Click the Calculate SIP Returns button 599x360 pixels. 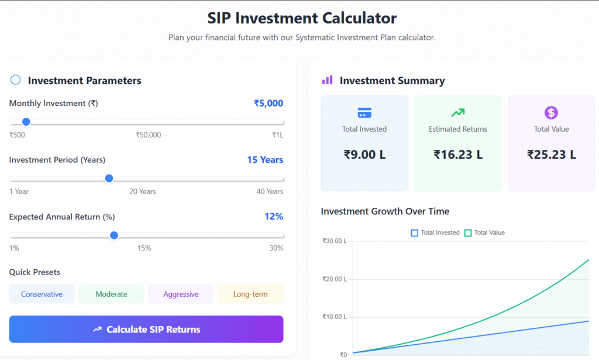146,330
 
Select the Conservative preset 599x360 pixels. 42,294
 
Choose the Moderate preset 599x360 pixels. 111,294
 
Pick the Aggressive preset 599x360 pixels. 181,294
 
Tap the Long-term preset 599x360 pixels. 250,294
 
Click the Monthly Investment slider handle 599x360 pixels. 26,122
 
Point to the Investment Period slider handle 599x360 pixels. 109,179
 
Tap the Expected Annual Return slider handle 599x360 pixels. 114,235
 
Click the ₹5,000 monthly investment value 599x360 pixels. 268,104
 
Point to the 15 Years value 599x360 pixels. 264,160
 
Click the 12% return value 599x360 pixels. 273,217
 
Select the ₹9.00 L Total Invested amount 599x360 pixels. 364,155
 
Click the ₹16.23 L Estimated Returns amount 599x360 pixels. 458,155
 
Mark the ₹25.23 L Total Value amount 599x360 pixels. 551,155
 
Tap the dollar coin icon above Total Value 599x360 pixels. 551,112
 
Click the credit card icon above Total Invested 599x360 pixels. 364,113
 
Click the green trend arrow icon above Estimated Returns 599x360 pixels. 457,112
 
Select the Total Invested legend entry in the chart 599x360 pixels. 435,233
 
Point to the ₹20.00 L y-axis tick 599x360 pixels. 335,279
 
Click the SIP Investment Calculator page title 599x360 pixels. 302,18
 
